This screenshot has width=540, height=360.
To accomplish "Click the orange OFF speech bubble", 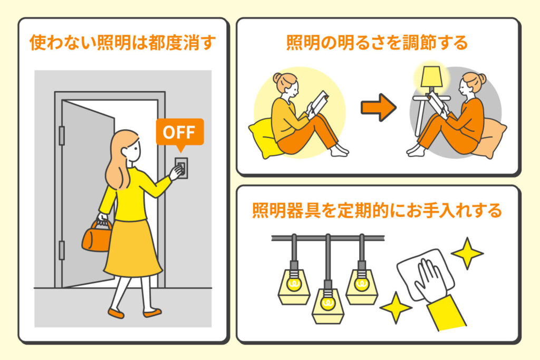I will click(x=179, y=132).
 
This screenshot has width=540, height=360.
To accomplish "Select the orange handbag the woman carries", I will click(x=97, y=237).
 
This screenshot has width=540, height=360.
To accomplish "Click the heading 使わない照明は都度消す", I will click(x=123, y=43).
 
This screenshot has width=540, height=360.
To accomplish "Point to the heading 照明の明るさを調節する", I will click(x=377, y=43).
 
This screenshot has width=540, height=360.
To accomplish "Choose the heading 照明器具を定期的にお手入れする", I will click(x=377, y=211).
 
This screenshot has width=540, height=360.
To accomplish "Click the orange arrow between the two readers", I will click(x=378, y=108).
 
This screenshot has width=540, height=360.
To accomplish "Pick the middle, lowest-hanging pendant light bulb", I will click(x=328, y=304).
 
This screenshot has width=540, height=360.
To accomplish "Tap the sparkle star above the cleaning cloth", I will click(x=467, y=254).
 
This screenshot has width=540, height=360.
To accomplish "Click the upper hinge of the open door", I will click(x=62, y=135).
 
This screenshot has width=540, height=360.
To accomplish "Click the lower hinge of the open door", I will click(x=62, y=250).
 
